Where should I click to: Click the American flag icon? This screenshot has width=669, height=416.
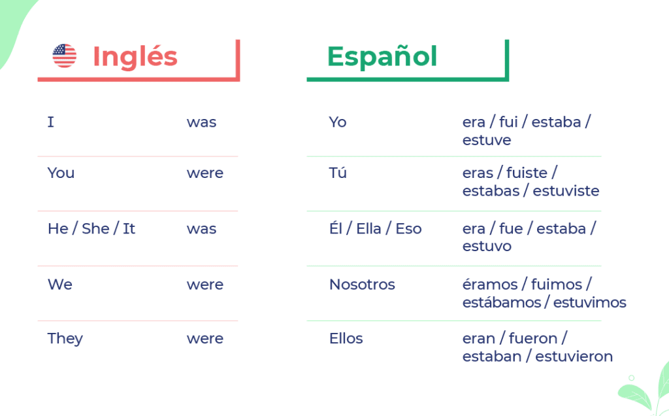(64, 56)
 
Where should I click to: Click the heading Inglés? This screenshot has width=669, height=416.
(135, 56)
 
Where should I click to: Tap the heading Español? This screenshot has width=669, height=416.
(382, 56)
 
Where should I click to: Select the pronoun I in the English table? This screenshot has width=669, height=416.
(51, 122)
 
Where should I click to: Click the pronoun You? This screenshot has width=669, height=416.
(61, 173)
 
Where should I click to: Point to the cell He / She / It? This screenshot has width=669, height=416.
(91, 228)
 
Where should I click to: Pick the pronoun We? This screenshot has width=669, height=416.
(59, 285)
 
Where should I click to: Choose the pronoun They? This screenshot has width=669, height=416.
(65, 339)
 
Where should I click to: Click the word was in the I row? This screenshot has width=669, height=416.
(201, 122)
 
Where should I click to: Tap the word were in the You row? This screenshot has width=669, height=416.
(204, 173)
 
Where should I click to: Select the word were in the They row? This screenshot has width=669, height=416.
(204, 339)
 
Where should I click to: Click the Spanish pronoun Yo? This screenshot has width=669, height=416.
(338, 122)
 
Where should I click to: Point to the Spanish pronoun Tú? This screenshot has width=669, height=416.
(338, 173)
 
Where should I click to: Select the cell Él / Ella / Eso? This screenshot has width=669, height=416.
(375, 228)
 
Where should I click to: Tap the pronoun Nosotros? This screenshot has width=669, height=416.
(362, 285)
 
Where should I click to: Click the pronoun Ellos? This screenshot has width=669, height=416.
(346, 339)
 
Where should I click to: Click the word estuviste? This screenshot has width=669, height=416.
(566, 191)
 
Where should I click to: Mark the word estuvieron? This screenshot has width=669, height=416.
(574, 356)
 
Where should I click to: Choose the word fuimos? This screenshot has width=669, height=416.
(557, 285)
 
